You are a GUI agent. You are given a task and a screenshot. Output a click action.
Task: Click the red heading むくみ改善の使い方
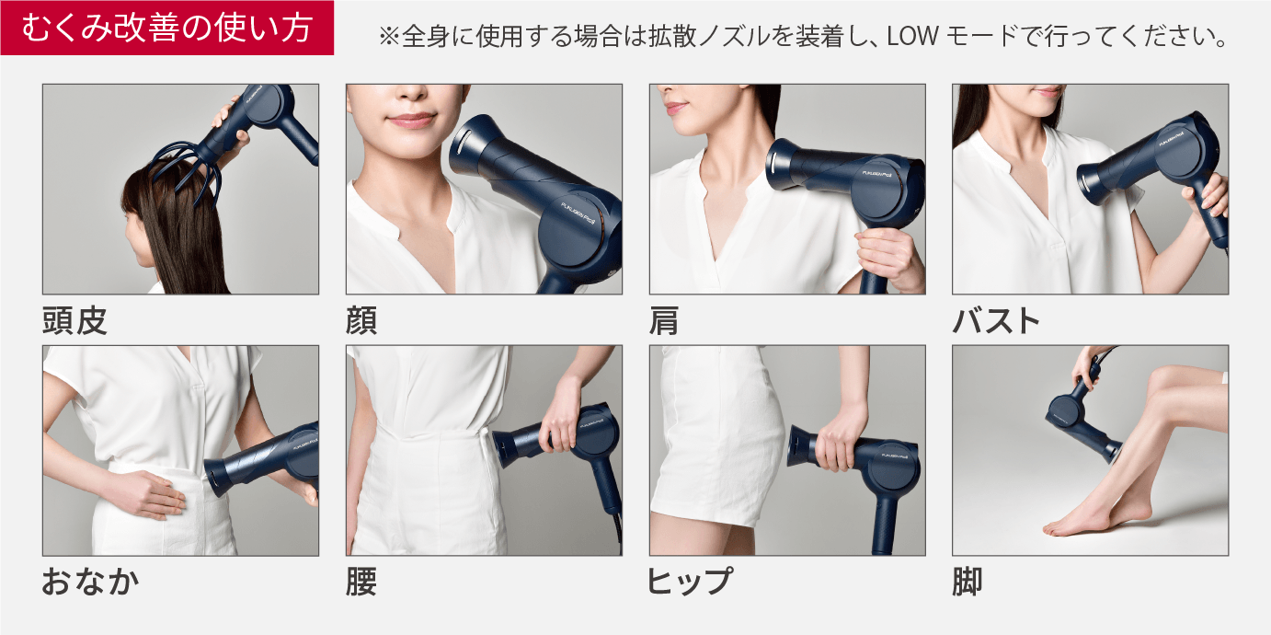click(166, 29)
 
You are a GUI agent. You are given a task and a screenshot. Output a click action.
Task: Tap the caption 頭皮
click(75, 321)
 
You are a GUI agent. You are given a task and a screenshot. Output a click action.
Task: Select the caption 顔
click(361, 321)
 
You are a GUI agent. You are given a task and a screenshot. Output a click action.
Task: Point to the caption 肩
click(664, 321)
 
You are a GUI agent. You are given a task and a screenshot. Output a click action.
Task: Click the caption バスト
click(997, 321)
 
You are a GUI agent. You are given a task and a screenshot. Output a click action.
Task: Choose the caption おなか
click(90, 582)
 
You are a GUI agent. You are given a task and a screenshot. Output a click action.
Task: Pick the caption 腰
click(361, 582)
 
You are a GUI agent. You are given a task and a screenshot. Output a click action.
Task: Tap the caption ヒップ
click(690, 582)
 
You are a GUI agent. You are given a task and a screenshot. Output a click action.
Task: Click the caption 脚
click(968, 582)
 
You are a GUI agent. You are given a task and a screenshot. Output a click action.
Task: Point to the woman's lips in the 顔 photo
click(410, 121)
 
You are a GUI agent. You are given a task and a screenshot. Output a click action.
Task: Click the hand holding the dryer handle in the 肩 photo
click(888, 250)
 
